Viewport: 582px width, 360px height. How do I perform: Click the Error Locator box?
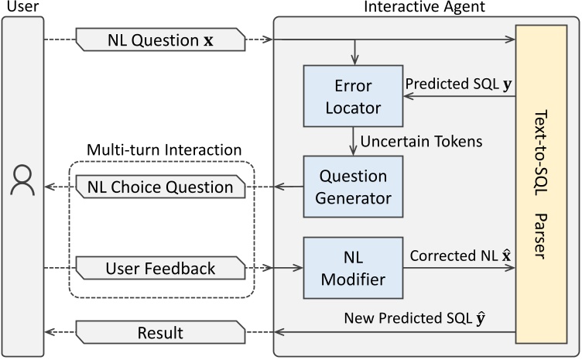(x=354, y=94)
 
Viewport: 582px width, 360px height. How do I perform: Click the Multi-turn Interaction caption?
(x=163, y=148)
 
